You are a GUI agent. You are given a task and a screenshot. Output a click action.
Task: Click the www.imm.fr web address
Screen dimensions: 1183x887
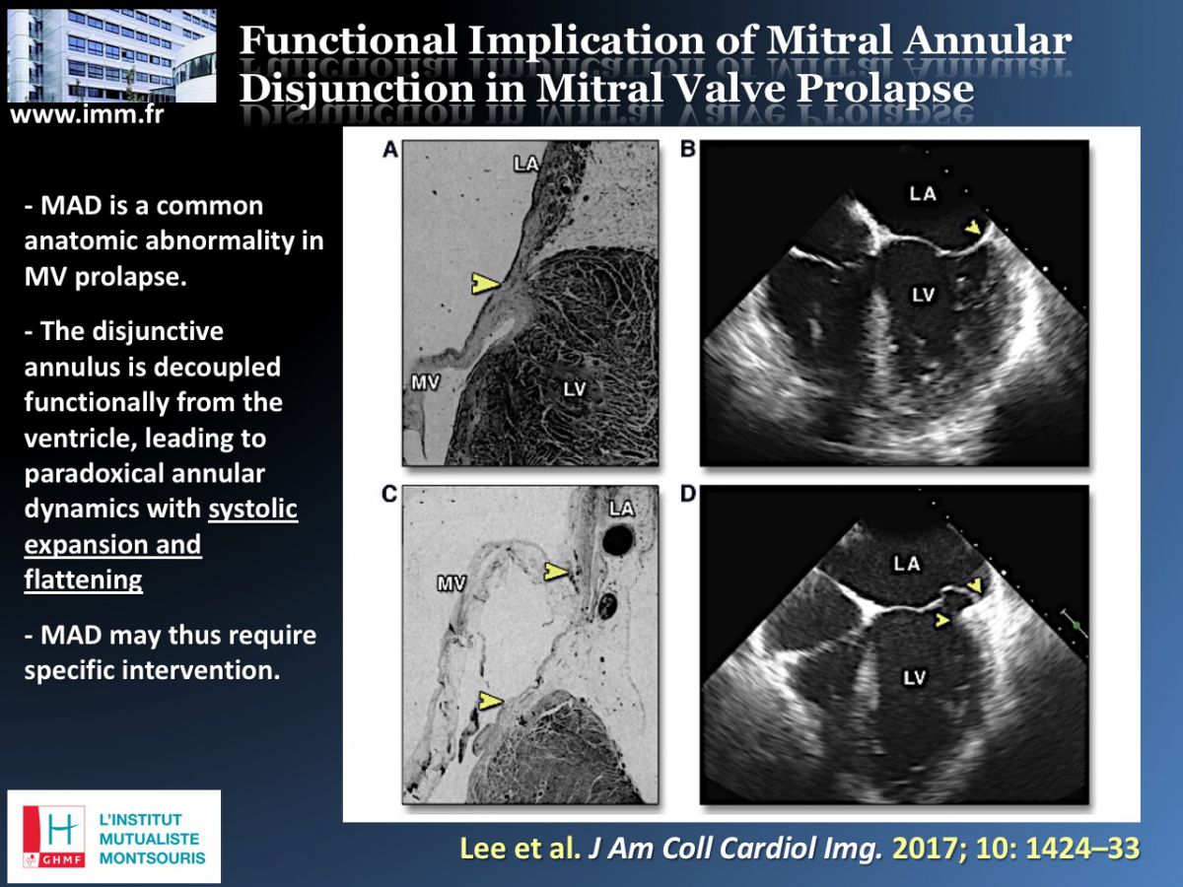[87, 114]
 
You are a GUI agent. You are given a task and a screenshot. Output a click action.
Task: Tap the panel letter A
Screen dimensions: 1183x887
[390, 149]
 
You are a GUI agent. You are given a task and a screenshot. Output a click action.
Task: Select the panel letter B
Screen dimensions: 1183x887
[688, 149]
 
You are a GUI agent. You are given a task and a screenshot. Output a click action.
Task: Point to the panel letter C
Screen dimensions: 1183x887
[389, 494]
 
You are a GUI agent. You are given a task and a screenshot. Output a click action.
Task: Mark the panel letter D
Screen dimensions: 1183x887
[688, 494]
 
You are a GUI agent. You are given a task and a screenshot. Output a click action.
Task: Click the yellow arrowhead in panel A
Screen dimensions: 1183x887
[486, 283]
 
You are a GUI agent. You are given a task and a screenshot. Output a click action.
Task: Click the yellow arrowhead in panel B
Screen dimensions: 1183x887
[973, 229]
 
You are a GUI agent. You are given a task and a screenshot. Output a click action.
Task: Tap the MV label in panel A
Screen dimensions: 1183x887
[425, 383]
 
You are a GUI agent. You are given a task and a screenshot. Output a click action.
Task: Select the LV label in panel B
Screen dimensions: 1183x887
[923, 295]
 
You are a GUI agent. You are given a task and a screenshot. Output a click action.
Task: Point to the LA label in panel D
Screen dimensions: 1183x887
[907, 564]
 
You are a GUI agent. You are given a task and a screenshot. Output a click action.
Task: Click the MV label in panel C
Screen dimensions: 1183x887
[452, 583]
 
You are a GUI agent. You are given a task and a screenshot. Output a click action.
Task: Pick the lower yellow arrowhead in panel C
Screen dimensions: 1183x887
[490, 701]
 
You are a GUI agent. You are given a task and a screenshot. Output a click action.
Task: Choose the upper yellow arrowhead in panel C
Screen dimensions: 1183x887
[556, 572]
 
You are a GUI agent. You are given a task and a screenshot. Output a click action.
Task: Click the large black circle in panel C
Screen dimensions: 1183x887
[618, 540]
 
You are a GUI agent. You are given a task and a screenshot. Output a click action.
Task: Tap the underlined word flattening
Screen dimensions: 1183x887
[84, 580]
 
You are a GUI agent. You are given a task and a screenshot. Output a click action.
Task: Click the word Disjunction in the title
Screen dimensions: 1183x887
[357, 89]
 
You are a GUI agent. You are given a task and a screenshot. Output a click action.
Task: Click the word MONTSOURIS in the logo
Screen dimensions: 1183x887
[153, 857]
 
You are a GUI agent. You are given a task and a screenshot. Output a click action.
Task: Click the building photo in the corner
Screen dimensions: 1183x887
[111, 55]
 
